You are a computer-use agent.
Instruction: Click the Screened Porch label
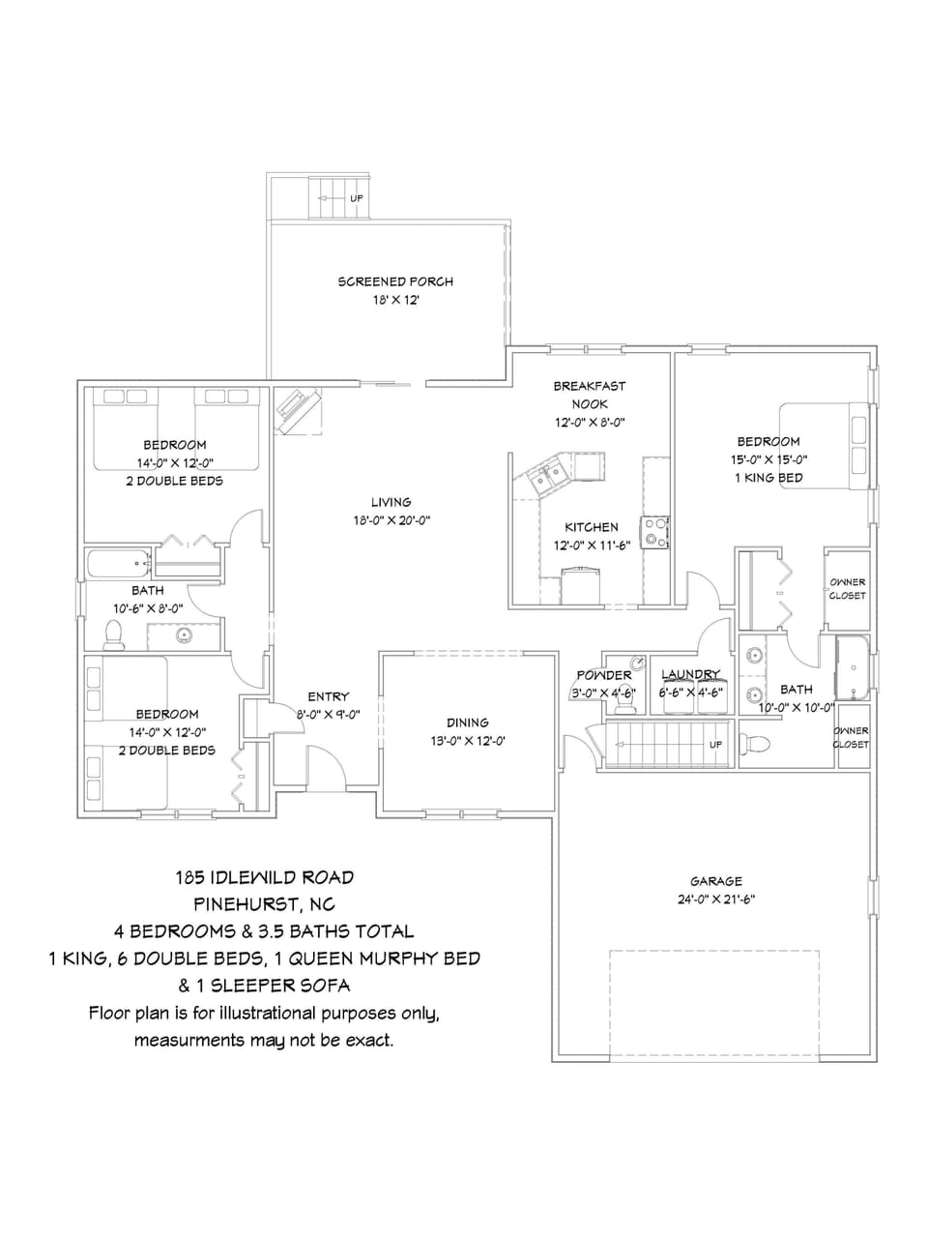coord(395,281)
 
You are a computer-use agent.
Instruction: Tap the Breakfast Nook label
coord(589,395)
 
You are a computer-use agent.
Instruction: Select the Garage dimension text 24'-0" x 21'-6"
coord(715,899)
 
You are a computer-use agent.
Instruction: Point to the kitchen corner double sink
coord(551,475)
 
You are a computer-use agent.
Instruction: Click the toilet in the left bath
coord(114,634)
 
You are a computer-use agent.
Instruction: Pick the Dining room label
coord(467,722)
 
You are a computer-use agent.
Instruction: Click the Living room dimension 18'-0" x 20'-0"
coord(391,520)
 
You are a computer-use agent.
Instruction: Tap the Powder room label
coord(604,675)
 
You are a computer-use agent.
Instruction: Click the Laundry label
coord(690,674)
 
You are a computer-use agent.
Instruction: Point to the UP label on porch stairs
coord(357,198)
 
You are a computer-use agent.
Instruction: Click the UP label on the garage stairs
coord(715,745)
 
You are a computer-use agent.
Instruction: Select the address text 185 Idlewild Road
coord(264,877)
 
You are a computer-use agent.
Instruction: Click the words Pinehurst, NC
coord(264,904)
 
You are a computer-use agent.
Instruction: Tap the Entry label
coord(329,696)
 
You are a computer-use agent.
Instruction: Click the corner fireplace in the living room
coord(298,410)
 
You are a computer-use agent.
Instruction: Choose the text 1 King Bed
coord(768,478)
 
